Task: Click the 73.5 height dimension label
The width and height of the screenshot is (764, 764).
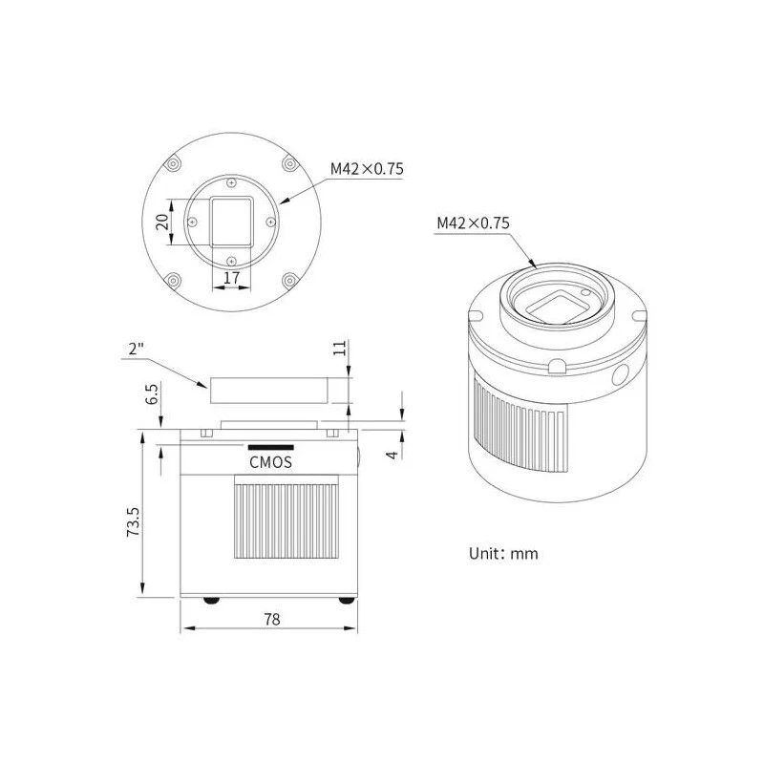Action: click(133, 521)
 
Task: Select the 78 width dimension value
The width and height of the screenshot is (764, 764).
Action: click(272, 619)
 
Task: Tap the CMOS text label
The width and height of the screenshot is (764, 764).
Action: click(271, 462)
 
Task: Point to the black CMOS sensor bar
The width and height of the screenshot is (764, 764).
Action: click(271, 447)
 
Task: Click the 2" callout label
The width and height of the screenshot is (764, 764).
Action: click(137, 349)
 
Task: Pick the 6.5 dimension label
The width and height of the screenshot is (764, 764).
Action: click(152, 393)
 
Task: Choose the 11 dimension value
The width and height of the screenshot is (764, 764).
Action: click(340, 348)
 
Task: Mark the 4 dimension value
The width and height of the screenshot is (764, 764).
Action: click(393, 455)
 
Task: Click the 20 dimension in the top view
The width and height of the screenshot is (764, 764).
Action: click(162, 222)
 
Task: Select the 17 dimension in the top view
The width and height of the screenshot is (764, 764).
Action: click(231, 278)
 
